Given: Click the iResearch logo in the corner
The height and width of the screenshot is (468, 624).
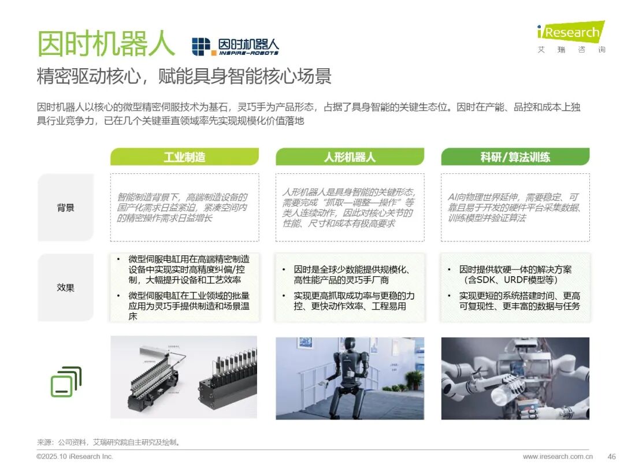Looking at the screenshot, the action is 571,36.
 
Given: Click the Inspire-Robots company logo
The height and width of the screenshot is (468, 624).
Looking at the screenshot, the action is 235,47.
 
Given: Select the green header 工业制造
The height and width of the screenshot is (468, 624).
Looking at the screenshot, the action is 185,157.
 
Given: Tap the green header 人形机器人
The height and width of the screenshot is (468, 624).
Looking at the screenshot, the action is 350,157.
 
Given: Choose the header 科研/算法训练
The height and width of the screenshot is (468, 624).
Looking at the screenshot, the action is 515,157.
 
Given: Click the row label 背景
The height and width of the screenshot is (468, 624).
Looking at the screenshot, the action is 66,208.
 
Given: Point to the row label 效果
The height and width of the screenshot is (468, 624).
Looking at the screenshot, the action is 66,287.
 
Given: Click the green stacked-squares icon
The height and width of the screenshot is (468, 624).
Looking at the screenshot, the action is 66,382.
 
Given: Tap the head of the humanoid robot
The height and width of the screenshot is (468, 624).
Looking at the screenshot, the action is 350,345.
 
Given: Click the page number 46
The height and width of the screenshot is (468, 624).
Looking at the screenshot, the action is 612,456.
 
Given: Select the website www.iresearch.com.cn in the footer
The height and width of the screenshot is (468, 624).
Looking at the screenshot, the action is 558,456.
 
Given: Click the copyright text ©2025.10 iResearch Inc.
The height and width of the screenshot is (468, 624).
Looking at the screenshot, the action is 75,456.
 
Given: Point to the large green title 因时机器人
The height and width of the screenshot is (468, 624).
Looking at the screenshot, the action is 106,43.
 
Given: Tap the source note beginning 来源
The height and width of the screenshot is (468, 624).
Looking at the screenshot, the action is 109,442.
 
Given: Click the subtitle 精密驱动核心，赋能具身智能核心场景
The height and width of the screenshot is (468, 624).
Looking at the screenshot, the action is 184,76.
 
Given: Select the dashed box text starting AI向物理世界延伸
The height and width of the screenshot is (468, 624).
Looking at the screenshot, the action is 514,207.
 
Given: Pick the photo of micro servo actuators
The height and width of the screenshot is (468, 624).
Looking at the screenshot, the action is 184,377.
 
